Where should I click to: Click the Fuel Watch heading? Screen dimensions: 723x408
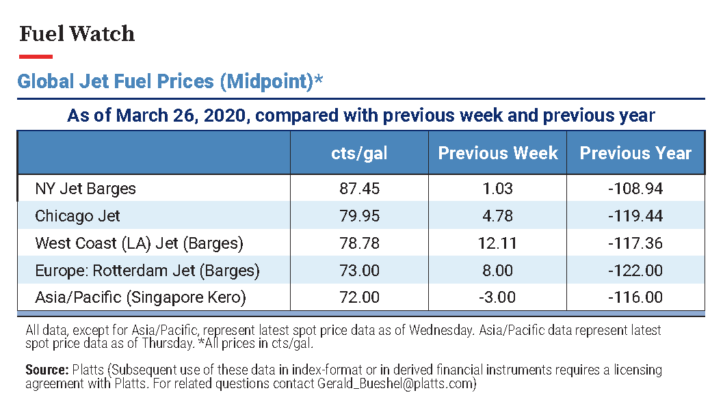(77, 33)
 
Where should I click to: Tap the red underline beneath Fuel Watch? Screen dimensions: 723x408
(36, 57)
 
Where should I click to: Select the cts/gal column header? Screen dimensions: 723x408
(359, 153)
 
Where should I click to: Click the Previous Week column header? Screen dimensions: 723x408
(497, 153)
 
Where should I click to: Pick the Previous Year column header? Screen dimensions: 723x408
(635, 153)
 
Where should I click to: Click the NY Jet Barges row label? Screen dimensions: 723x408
(86, 189)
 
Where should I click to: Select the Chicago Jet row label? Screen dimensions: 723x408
(77, 216)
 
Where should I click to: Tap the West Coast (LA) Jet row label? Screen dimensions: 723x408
(140, 243)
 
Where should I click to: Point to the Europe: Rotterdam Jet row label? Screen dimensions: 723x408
(148, 271)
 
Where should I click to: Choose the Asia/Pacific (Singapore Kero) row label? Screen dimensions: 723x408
(141, 297)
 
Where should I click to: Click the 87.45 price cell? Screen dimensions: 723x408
(359, 189)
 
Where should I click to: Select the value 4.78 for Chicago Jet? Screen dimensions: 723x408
(497, 215)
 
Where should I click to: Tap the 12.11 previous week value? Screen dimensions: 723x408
(497, 243)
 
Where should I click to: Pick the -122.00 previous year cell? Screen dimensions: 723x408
(635, 270)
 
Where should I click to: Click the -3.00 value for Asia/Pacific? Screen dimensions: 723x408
(497, 297)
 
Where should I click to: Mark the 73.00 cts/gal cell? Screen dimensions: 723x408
(359, 270)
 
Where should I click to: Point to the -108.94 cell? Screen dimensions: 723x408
(635, 189)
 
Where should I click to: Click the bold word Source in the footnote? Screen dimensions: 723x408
(47, 370)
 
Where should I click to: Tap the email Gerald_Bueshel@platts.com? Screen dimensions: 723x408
(395, 383)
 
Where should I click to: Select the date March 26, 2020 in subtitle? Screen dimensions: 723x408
(183, 115)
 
